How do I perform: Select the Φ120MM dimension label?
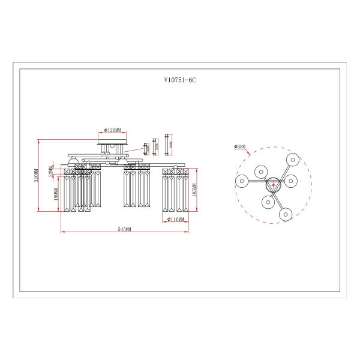click(x=112, y=130)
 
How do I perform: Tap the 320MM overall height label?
click(x=36, y=175)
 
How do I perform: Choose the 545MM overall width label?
click(x=124, y=229)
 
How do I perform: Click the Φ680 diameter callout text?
click(x=240, y=146)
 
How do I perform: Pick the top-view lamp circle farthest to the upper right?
click(x=292, y=159)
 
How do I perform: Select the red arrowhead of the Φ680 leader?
click(x=248, y=155)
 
